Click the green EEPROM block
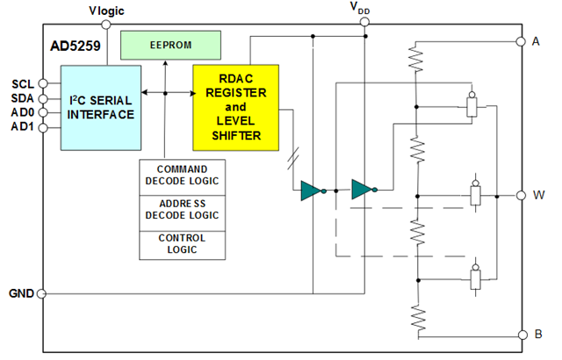coord(170,45)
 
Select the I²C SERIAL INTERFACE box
coord(101,107)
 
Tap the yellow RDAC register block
coord(236,107)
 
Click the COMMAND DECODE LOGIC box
coord(182,177)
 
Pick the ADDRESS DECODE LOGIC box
coord(182,213)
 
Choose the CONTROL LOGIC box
coord(182,245)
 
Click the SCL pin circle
coord(43,83)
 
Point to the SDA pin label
coord(23,98)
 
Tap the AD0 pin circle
coord(43,112)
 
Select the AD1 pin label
coord(23,126)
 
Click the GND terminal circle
coord(42,294)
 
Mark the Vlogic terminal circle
coord(106,25)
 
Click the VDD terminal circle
coord(364,22)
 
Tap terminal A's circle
coord(521,41)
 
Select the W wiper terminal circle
coord(521,195)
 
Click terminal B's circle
coord(523,335)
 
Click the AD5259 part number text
coord(76,46)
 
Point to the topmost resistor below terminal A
coord(415,59)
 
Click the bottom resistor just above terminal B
coord(419,317)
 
